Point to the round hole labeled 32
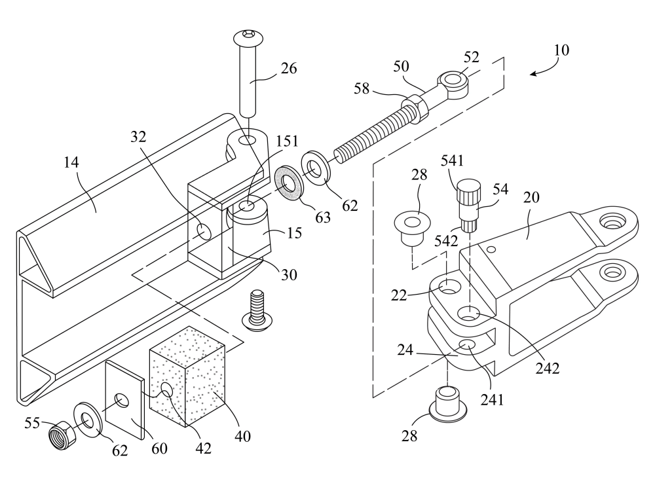pyautogui.click(x=204, y=230)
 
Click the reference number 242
pyautogui.click(x=546, y=368)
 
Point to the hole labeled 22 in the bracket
pyautogui.click(x=449, y=286)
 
